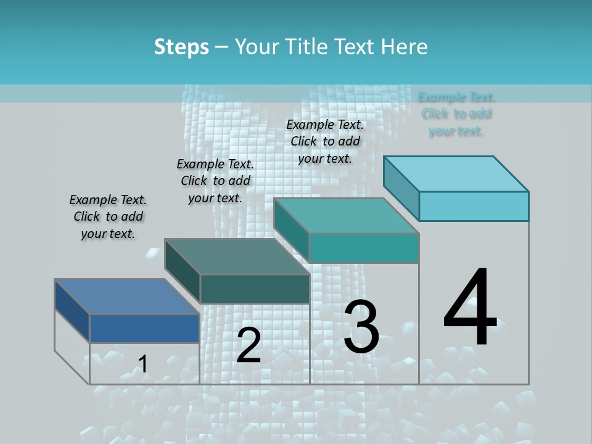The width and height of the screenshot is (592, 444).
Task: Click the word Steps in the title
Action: pos(181,47)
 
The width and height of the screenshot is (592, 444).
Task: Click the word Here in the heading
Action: pos(405,47)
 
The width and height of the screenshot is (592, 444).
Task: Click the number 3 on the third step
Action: pos(361,327)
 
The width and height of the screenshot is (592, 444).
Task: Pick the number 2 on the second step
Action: pos(249,345)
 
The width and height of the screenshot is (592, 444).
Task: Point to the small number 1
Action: pos(142,364)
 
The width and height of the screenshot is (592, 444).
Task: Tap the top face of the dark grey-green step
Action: pos(237,257)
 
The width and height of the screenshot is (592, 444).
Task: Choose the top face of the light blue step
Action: pos(456,174)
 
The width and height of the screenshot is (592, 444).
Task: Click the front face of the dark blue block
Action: pos(144,328)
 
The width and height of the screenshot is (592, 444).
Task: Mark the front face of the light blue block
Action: pos(474,206)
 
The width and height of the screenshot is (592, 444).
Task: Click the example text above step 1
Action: pos(108,216)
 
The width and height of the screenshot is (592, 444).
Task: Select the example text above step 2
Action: pos(215,181)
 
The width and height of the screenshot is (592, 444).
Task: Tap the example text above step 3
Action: pos(325,141)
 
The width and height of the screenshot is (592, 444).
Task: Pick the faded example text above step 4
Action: pos(456,113)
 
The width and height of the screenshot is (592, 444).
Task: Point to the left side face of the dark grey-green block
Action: pos(183,271)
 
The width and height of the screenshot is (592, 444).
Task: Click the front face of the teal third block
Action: pos(364,248)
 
